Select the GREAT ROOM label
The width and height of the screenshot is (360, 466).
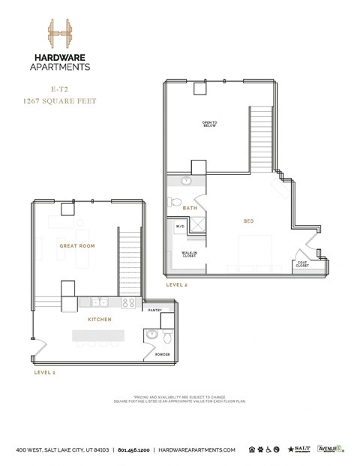[76, 246]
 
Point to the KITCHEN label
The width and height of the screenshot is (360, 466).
[99, 320]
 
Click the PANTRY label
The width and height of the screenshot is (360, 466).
[155, 310]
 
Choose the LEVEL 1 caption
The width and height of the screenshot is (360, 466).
[45, 371]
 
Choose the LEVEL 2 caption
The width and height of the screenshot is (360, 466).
[177, 284]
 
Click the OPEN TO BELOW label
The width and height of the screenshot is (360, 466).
[209, 124]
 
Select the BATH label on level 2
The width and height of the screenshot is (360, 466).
[190, 208]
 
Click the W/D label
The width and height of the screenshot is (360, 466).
[180, 226]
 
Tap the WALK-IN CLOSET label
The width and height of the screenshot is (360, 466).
[189, 254]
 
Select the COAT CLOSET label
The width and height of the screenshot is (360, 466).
[301, 263]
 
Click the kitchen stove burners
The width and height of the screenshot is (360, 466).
[128, 302]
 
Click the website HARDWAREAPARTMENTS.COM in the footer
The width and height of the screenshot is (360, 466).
[197, 450]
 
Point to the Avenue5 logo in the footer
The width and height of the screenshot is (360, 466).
[330, 449]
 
